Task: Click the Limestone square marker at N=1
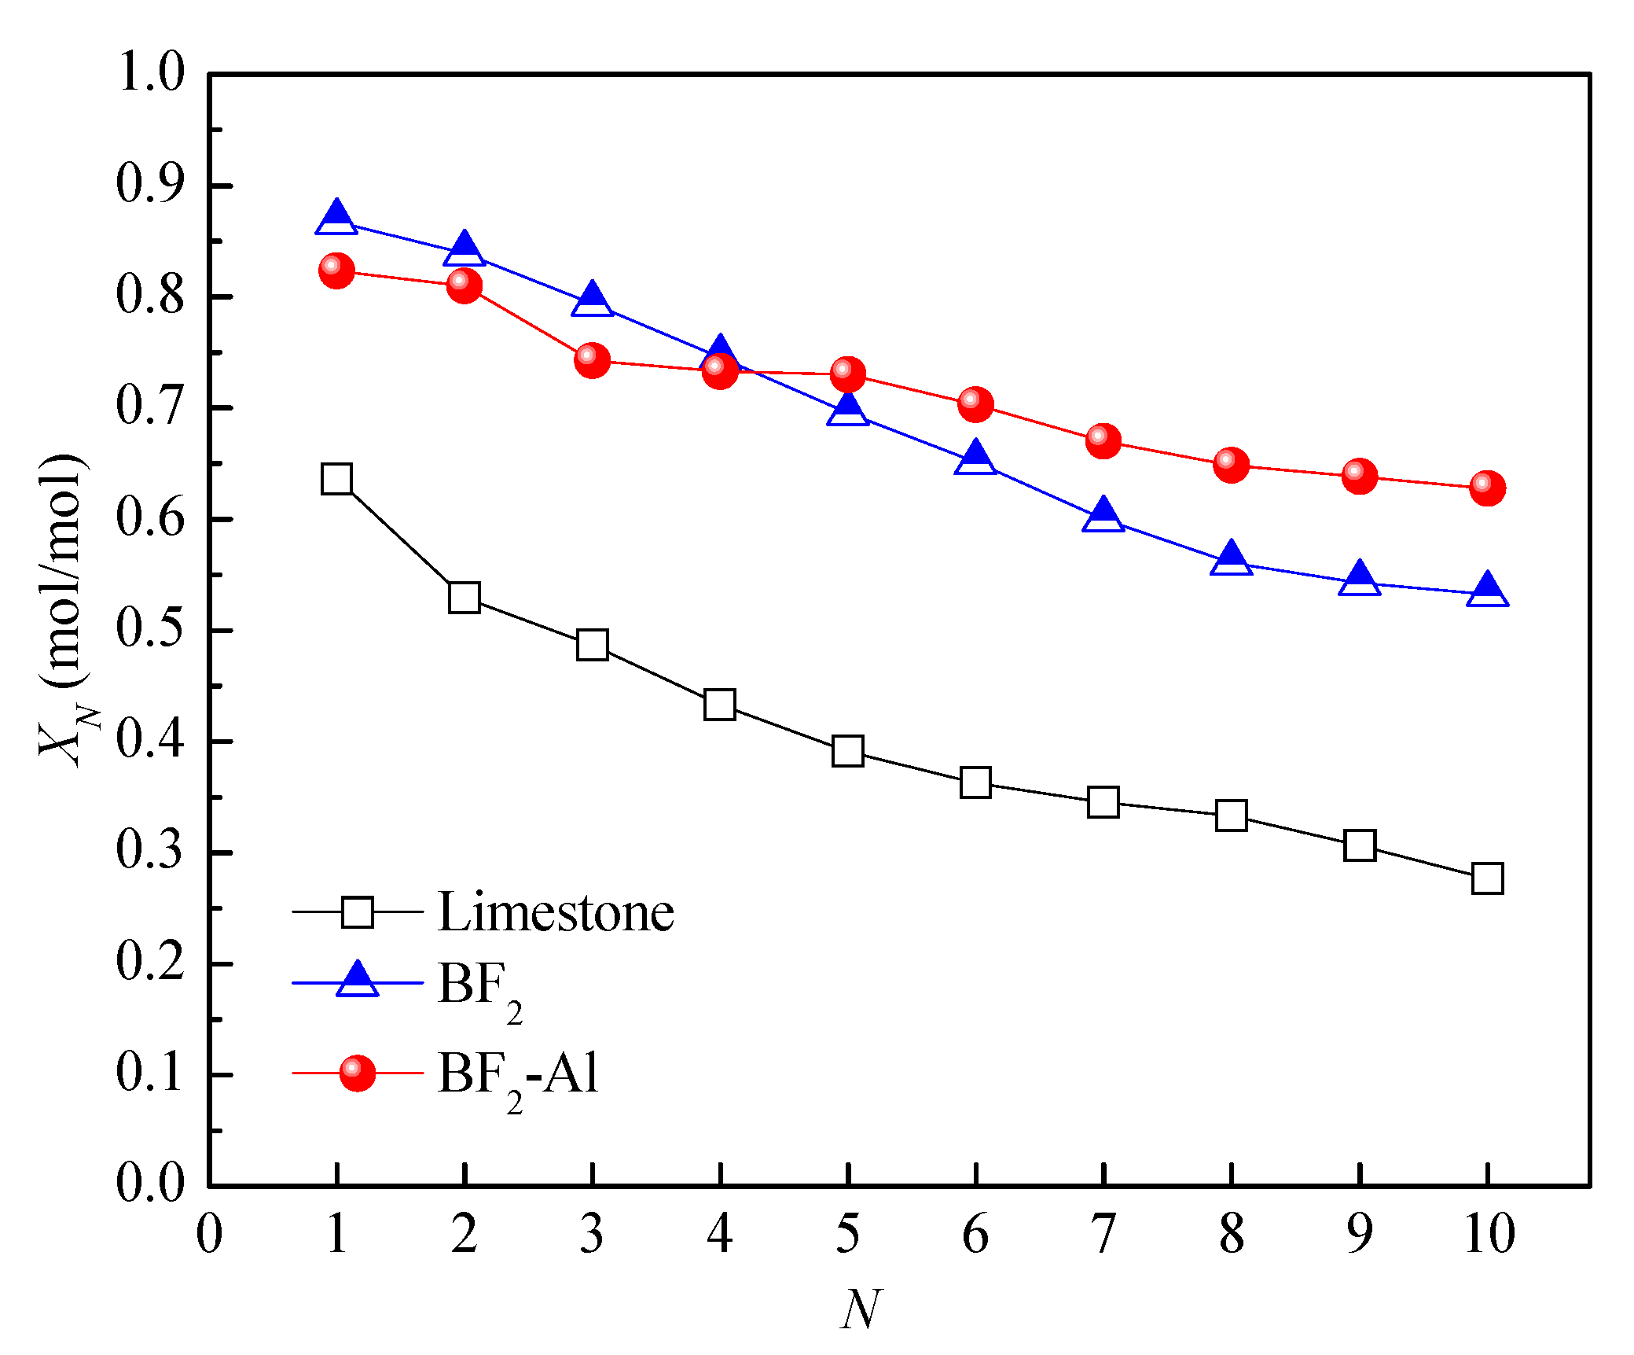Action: point(336,479)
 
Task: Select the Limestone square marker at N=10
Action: point(1487,878)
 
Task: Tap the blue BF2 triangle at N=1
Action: point(336,218)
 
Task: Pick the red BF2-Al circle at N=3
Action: point(592,360)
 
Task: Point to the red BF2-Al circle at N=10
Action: point(1487,488)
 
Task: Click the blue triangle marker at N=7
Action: point(1103,516)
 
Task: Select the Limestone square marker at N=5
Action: point(847,752)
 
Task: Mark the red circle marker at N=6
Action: point(975,404)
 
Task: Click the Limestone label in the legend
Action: point(556,913)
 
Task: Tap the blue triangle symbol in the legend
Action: point(357,980)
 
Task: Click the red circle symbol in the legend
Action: point(357,1073)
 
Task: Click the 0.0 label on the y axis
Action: point(150,1183)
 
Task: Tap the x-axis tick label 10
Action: point(1489,1234)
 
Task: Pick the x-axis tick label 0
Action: point(209,1234)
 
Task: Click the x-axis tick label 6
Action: point(975,1234)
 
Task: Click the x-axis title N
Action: point(861,1310)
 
